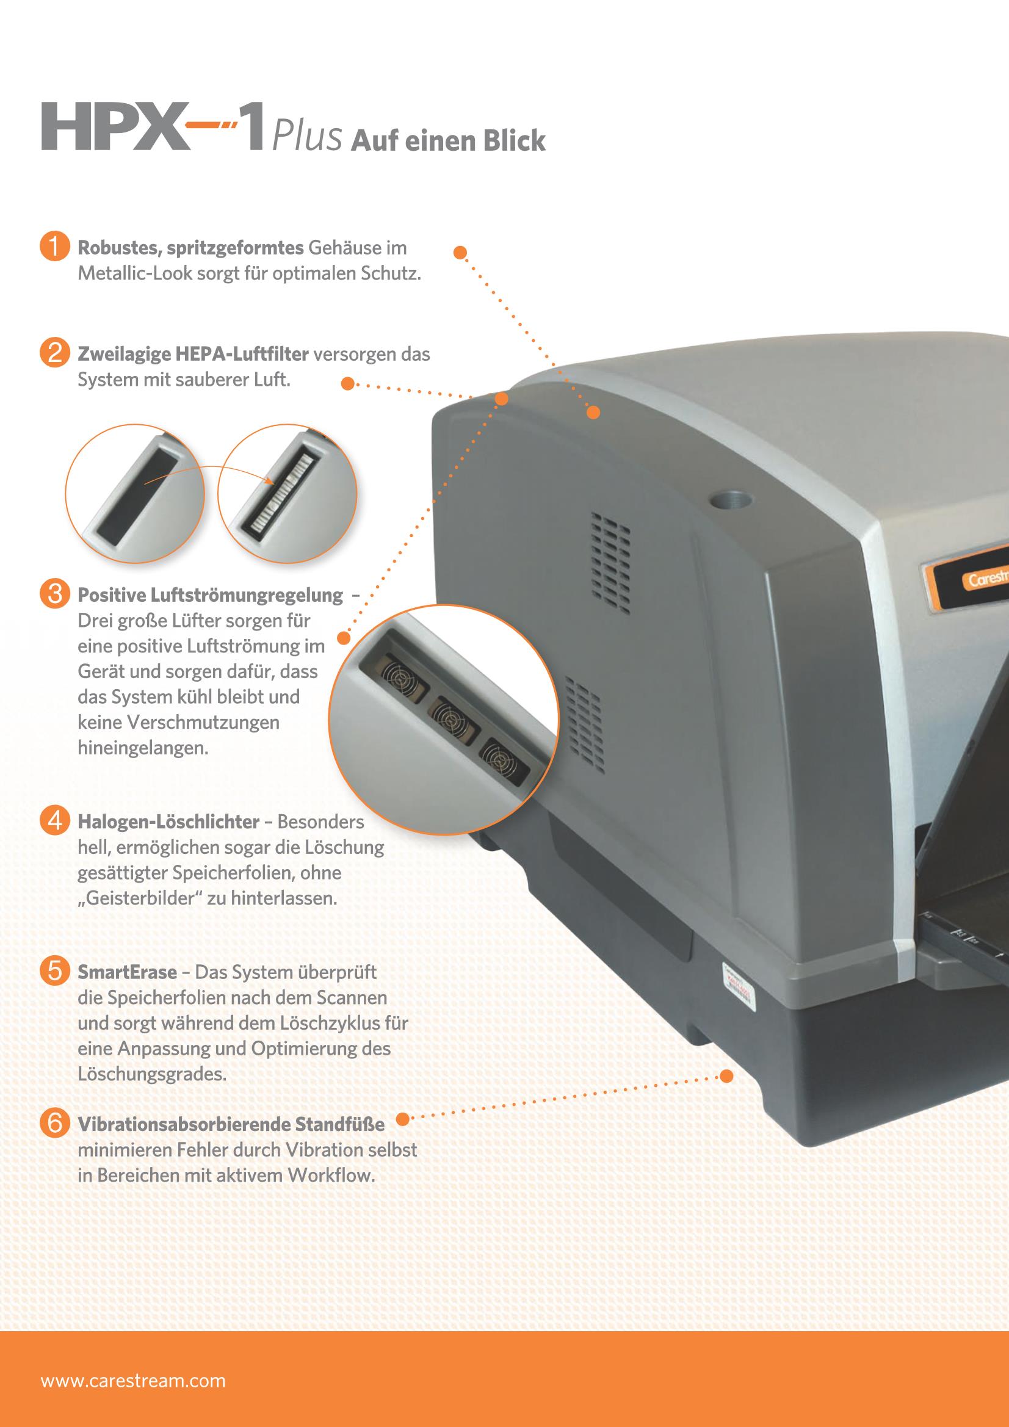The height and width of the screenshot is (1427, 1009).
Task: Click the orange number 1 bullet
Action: (x=54, y=247)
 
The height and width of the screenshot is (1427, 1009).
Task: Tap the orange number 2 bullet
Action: (x=54, y=353)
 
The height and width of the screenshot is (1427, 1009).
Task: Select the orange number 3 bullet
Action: (x=54, y=593)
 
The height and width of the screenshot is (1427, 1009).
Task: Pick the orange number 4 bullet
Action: (x=54, y=820)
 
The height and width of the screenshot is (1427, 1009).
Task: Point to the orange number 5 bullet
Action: (x=54, y=971)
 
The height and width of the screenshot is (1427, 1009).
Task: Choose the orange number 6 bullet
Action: (x=54, y=1123)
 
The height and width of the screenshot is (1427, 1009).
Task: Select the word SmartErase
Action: (x=127, y=972)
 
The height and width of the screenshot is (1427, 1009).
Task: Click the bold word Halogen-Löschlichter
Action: (x=168, y=821)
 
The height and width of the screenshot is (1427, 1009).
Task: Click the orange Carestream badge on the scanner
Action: (x=967, y=580)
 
